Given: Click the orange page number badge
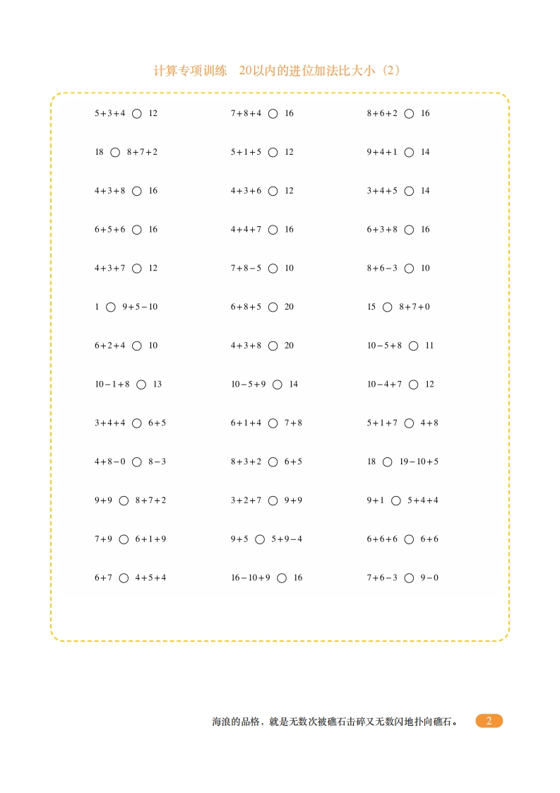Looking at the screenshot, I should [489, 721].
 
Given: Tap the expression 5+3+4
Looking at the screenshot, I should [109, 113].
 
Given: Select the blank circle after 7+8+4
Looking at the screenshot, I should [273, 113].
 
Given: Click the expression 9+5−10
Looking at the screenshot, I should [140, 307].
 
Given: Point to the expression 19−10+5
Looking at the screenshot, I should [419, 462].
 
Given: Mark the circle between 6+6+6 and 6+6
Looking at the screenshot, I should [410, 539].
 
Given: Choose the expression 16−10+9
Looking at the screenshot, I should [251, 577].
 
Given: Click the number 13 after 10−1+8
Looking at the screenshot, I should [157, 384].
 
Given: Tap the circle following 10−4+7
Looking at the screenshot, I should [414, 384].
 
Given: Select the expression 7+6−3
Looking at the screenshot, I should [382, 577].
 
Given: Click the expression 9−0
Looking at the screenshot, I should [429, 577].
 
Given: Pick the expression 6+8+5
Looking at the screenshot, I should [246, 307].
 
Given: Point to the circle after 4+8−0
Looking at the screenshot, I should [137, 462].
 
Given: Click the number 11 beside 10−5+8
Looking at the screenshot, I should [429, 346].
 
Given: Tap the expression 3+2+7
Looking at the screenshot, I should [246, 500].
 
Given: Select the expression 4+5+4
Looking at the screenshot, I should [150, 577].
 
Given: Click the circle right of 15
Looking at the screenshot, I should [387, 307].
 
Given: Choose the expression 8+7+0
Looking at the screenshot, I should [415, 307].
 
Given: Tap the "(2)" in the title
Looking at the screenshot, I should [390, 71].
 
